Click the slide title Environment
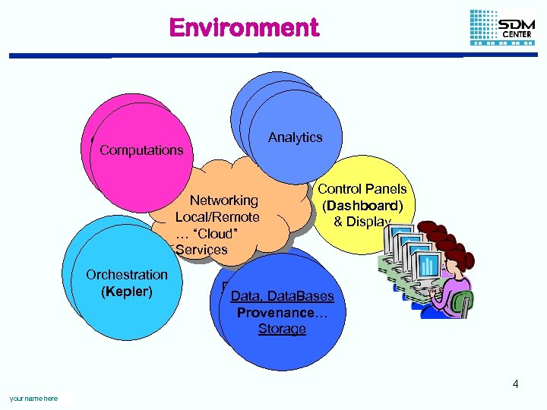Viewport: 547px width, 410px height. (x=244, y=28)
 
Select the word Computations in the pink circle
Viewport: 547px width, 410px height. (x=141, y=150)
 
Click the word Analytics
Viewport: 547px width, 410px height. (x=295, y=137)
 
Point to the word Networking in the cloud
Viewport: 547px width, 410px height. (x=223, y=200)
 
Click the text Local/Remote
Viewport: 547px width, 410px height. (x=217, y=217)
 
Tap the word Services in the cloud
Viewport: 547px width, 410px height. (x=201, y=249)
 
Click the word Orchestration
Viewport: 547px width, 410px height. (x=127, y=275)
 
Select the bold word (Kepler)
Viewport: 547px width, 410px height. (x=127, y=291)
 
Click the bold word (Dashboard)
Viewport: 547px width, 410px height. (x=362, y=205)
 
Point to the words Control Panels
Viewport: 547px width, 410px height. (x=362, y=189)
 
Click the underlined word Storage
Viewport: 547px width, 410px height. (x=282, y=329)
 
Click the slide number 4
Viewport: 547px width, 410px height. (x=515, y=384)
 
